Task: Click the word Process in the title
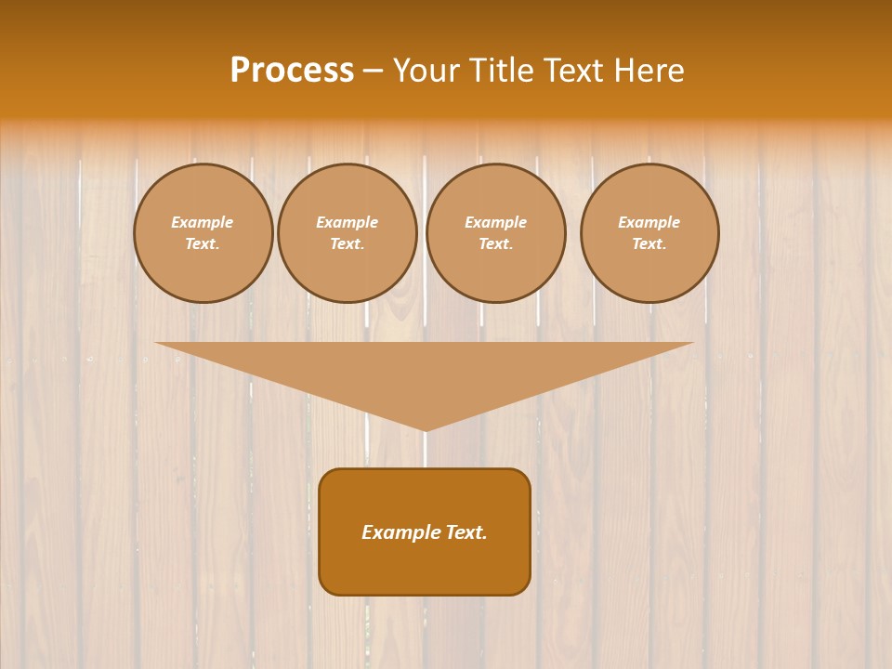tap(292, 71)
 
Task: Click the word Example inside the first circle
tap(203, 222)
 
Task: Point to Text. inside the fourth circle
tap(649, 244)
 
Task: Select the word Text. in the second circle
tap(347, 244)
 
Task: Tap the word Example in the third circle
tap(495, 222)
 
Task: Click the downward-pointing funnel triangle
tap(425, 372)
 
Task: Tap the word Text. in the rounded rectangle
tap(466, 532)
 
